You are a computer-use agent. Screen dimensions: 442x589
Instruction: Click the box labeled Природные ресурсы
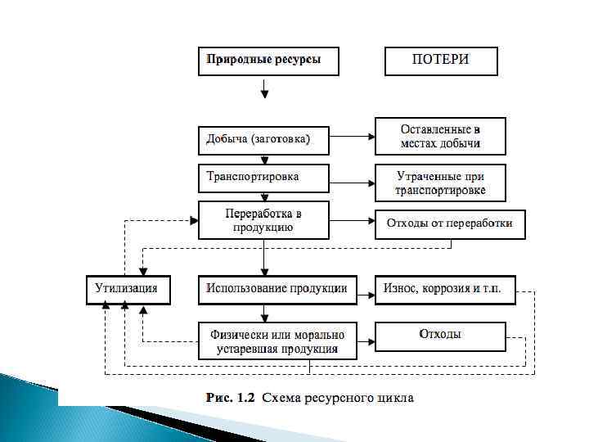[268, 61]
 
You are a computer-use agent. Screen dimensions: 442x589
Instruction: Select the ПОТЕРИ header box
[441, 61]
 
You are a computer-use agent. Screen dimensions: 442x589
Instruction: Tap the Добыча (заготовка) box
[263, 139]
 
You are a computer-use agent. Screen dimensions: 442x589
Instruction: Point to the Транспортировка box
[263, 178]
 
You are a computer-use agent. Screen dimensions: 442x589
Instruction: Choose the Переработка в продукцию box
[263, 220]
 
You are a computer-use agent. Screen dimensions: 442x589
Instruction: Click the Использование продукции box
[277, 290]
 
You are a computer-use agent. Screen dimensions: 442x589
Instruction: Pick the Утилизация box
[128, 290]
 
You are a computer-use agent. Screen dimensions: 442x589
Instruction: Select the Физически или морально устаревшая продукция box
[277, 341]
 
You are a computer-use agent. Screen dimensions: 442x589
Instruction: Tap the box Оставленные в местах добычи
[440, 137]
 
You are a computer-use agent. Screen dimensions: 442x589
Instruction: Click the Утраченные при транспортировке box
[440, 183]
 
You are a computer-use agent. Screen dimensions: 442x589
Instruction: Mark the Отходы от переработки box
[450, 223]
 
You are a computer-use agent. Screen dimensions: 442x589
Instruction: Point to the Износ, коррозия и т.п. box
[445, 290]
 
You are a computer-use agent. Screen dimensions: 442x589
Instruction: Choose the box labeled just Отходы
[440, 335]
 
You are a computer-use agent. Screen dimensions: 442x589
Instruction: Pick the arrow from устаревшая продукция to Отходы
[366, 336]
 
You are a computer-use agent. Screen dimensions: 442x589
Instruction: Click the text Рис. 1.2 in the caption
[231, 399]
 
